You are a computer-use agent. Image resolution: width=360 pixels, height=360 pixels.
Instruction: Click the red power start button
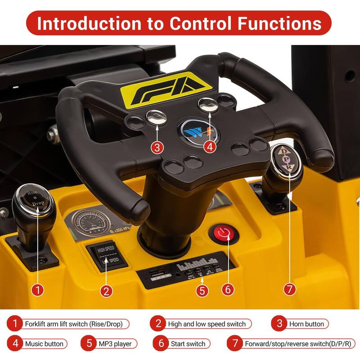coord(222,233)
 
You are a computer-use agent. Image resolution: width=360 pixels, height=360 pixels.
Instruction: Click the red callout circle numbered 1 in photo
coord(39,290)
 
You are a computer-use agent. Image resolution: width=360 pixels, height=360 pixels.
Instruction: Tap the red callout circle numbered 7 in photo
coord(290,289)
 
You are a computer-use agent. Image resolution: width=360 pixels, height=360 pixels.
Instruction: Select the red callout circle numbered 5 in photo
coord(202,290)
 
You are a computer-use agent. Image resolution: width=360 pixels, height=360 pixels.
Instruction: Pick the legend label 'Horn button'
coord(306,324)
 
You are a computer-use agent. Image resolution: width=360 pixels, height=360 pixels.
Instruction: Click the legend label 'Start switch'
coord(188,344)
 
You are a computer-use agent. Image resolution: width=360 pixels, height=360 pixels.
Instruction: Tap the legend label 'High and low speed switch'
coord(207,324)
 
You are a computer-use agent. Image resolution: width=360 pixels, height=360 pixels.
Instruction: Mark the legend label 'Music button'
coord(44,344)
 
